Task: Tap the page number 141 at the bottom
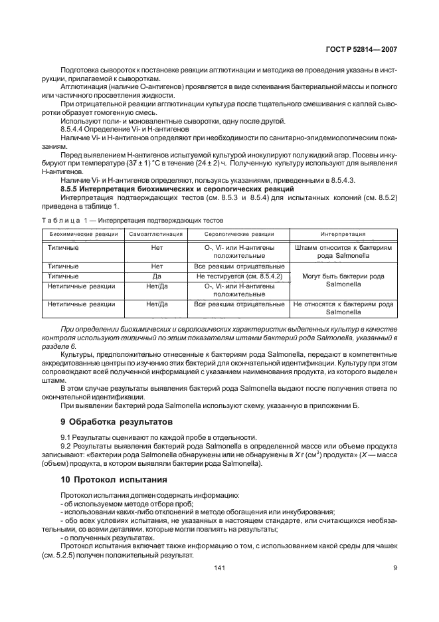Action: tap(220, 568)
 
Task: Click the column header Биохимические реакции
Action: tap(80, 234)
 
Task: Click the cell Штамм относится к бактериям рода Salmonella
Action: tap(343, 252)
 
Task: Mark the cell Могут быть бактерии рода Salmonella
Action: tap(343, 280)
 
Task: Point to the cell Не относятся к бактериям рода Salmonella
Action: tap(343, 308)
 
